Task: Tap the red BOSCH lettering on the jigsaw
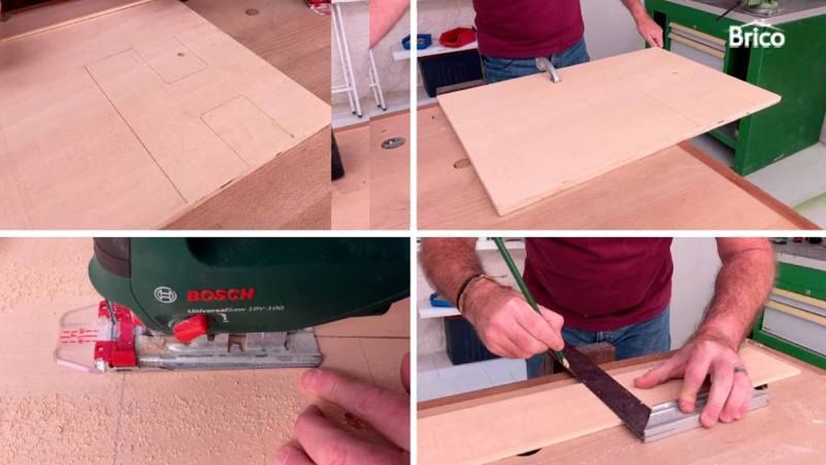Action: (x=220, y=295)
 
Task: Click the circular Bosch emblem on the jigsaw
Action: (x=165, y=295)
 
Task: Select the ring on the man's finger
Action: (x=740, y=370)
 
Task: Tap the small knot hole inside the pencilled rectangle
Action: (x=180, y=55)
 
